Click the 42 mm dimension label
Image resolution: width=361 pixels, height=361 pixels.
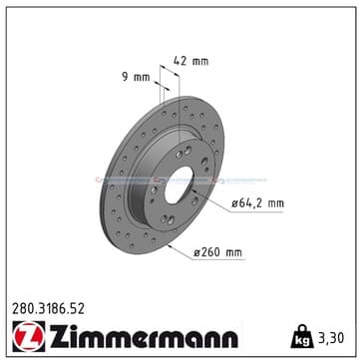191,61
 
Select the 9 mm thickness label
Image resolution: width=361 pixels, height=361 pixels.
136,78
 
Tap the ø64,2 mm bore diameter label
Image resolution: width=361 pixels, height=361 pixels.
258,203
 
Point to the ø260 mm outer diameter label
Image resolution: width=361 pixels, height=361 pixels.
218,252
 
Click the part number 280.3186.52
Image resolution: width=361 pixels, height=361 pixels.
48,309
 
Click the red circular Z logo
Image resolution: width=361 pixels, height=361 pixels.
29,336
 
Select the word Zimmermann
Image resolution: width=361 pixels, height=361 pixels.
144,336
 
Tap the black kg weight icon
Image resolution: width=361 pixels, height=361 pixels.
302,336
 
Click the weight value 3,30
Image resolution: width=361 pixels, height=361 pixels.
330,338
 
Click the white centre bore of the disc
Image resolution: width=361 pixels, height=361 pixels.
179,184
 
